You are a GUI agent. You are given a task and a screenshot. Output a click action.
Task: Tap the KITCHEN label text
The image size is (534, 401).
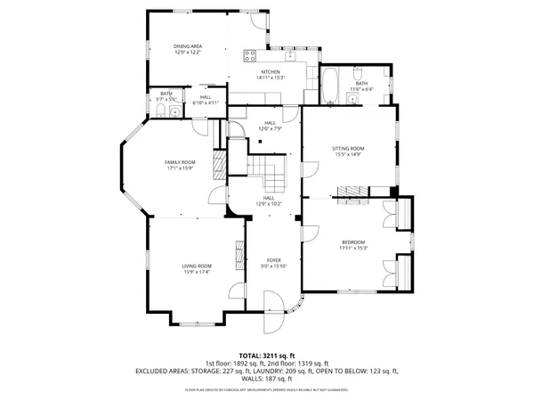tap(271, 71)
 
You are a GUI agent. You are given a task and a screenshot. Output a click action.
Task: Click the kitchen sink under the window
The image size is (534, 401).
tap(291, 51)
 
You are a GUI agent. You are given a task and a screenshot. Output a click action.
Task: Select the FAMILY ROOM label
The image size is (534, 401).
tap(179, 161)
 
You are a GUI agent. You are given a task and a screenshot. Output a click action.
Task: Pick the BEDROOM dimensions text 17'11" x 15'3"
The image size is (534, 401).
tap(353, 248)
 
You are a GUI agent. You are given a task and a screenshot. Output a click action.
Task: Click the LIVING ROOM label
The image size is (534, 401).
tap(198, 265)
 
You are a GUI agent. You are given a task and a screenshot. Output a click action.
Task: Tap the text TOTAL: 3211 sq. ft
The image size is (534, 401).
tap(267, 355)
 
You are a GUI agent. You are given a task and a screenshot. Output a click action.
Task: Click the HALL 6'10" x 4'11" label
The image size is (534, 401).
tap(206, 100)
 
